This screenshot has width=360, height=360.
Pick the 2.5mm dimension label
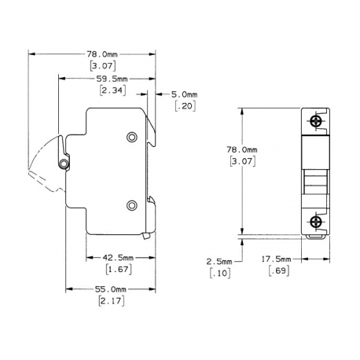[221, 260]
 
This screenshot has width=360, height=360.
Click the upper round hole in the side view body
[132, 138]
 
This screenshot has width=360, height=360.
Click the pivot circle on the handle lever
[63, 163]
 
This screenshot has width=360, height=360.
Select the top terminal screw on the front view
[315, 122]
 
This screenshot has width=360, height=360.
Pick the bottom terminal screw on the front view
[315, 219]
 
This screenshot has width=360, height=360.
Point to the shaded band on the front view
[314, 148]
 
